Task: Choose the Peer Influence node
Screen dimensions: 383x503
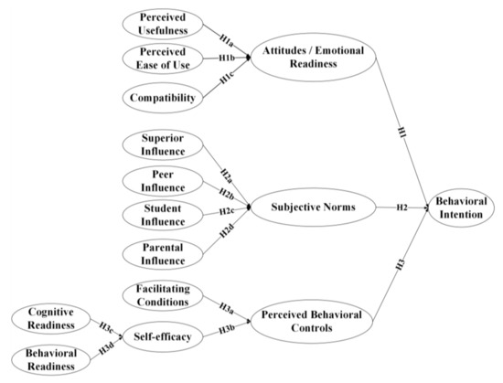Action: click(x=163, y=181)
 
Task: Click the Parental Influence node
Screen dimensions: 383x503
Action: click(x=163, y=251)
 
